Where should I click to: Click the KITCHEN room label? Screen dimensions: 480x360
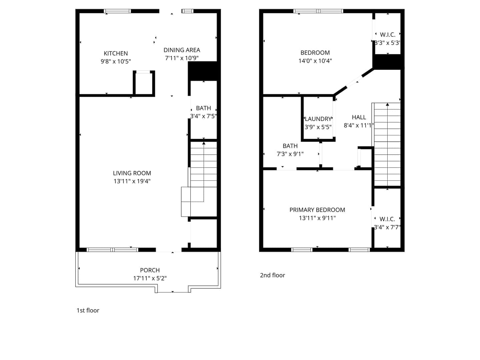pyautogui.click(x=116, y=53)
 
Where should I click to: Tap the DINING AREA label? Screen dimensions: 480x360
pyautogui.click(x=182, y=50)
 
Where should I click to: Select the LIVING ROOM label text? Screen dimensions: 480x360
pyautogui.click(x=132, y=173)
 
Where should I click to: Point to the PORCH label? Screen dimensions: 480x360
pyautogui.click(x=150, y=270)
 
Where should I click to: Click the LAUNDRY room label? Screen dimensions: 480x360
pyautogui.click(x=318, y=119)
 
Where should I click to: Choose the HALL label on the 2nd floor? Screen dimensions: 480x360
pyautogui.click(x=359, y=117)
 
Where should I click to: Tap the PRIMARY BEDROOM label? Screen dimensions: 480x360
pyautogui.click(x=317, y=210)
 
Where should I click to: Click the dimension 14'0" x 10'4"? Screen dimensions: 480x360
pyautogui.click(x=315, y=61)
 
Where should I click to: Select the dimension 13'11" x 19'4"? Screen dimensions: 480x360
pyautogui.click(x=132, y=181)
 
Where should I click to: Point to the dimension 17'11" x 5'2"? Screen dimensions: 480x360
pyautogui.click(x=150, y=278)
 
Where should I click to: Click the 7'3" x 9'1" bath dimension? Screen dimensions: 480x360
pyautogui.click(x=290, y=154)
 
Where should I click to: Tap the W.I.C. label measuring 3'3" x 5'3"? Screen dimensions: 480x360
pyautogui.click(x=388, y=35)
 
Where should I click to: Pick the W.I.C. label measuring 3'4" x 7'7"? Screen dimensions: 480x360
pyautogui.click(x=387, y=219)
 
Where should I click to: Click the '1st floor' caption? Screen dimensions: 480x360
pyautogui.click(x=88, y=310)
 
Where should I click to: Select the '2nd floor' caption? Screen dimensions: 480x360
pyautogui.click(x=272, y=275)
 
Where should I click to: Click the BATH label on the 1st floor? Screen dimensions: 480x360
pyautogui.click(x=203, y=108)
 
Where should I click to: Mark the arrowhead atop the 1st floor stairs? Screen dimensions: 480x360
pyautogui.click(x=204, y=143)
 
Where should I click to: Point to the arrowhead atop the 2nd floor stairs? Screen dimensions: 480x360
pyautogui.click(x=387, y=104)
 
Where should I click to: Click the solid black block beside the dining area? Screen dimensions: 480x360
pyautogui.click(x=203, y=71)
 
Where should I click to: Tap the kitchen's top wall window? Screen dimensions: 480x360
pyautogui.click(x=117, y=11)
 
